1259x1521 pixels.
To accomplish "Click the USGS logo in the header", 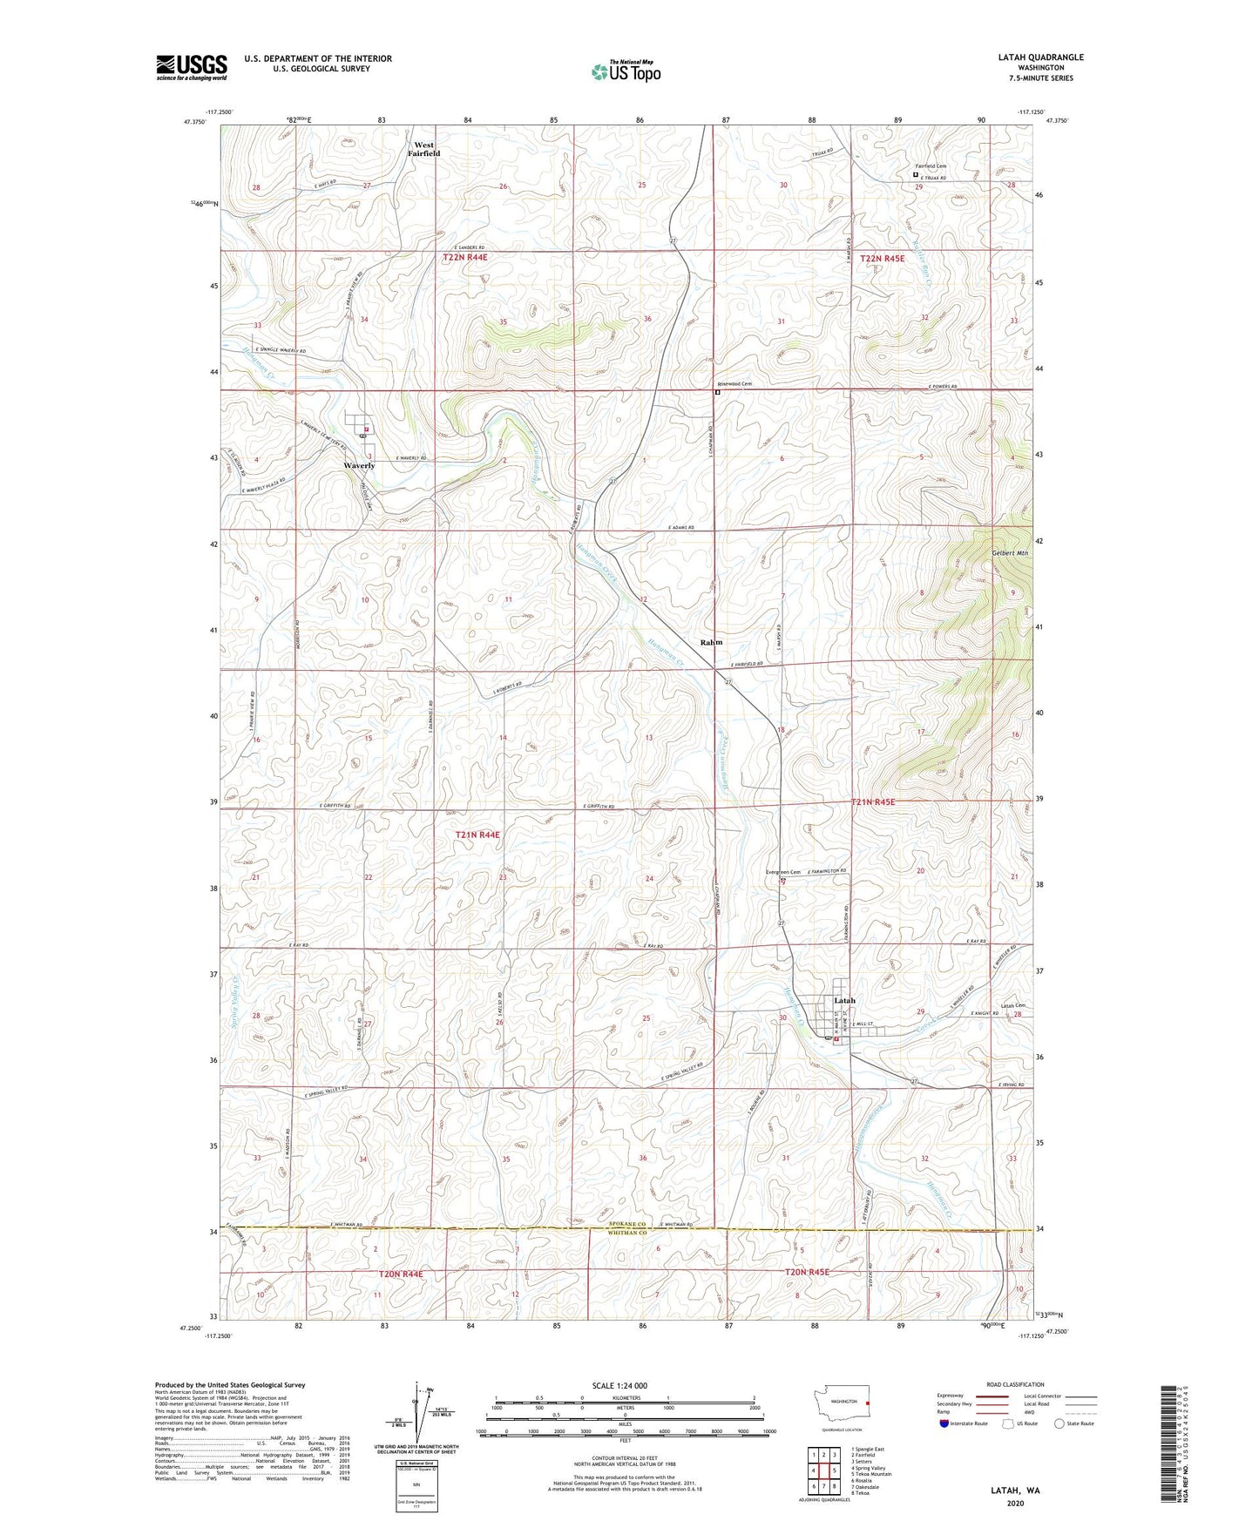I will pyautogui.click(x=191, y=67).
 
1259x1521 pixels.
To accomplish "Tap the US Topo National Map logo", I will pyautogui.click(x=626, y=71).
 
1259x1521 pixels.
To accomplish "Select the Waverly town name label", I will pyautogui.click(x=358, y=465).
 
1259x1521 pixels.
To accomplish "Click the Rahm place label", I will pyautogui.click(x=711, y=642).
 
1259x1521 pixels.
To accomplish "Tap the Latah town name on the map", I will pyautogui.click(x=843, y=1000).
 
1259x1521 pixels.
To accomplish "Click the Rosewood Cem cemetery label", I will pyautogui.click(x=734, y=384).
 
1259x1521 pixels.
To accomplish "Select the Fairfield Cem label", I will pyautogui.click(x=930, y=166).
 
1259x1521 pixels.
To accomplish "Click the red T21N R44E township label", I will pyautogui.click(x=477, y=835).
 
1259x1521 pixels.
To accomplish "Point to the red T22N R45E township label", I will pyautogui.click(x=882, y=259).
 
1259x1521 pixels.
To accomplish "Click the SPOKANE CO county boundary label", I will pyautogui.click(x=627, y=1224).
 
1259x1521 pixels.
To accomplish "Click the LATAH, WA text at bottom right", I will pyautogui.click(x=1015, y=1491).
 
